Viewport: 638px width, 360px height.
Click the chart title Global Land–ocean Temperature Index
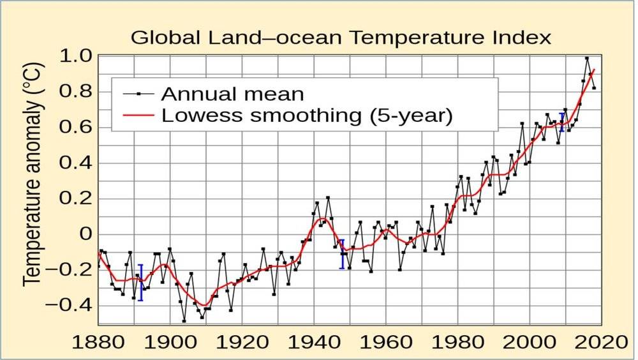[x=341, y=37]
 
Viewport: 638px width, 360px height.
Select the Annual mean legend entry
[x=232, y=94]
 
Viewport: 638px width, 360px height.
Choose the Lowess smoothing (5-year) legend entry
[x=307, y=116]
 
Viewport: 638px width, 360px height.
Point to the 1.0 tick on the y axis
[x=78, y=56]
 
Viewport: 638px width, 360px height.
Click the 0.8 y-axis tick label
[x=78, y=92]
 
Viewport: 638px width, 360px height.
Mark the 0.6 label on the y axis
[x=78, y=128]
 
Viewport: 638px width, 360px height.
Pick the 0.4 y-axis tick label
[x=78, y=163]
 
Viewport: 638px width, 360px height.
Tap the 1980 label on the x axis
[x=457, y=342]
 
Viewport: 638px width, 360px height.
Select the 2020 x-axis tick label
[x=600, y=342]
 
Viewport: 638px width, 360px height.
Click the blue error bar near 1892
[x=141, y=282]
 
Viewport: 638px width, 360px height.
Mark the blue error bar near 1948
[x=342, y=254]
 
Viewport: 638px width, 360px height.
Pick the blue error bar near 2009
[x=561, y=122]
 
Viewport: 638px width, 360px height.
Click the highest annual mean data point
[x=587, y=59]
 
